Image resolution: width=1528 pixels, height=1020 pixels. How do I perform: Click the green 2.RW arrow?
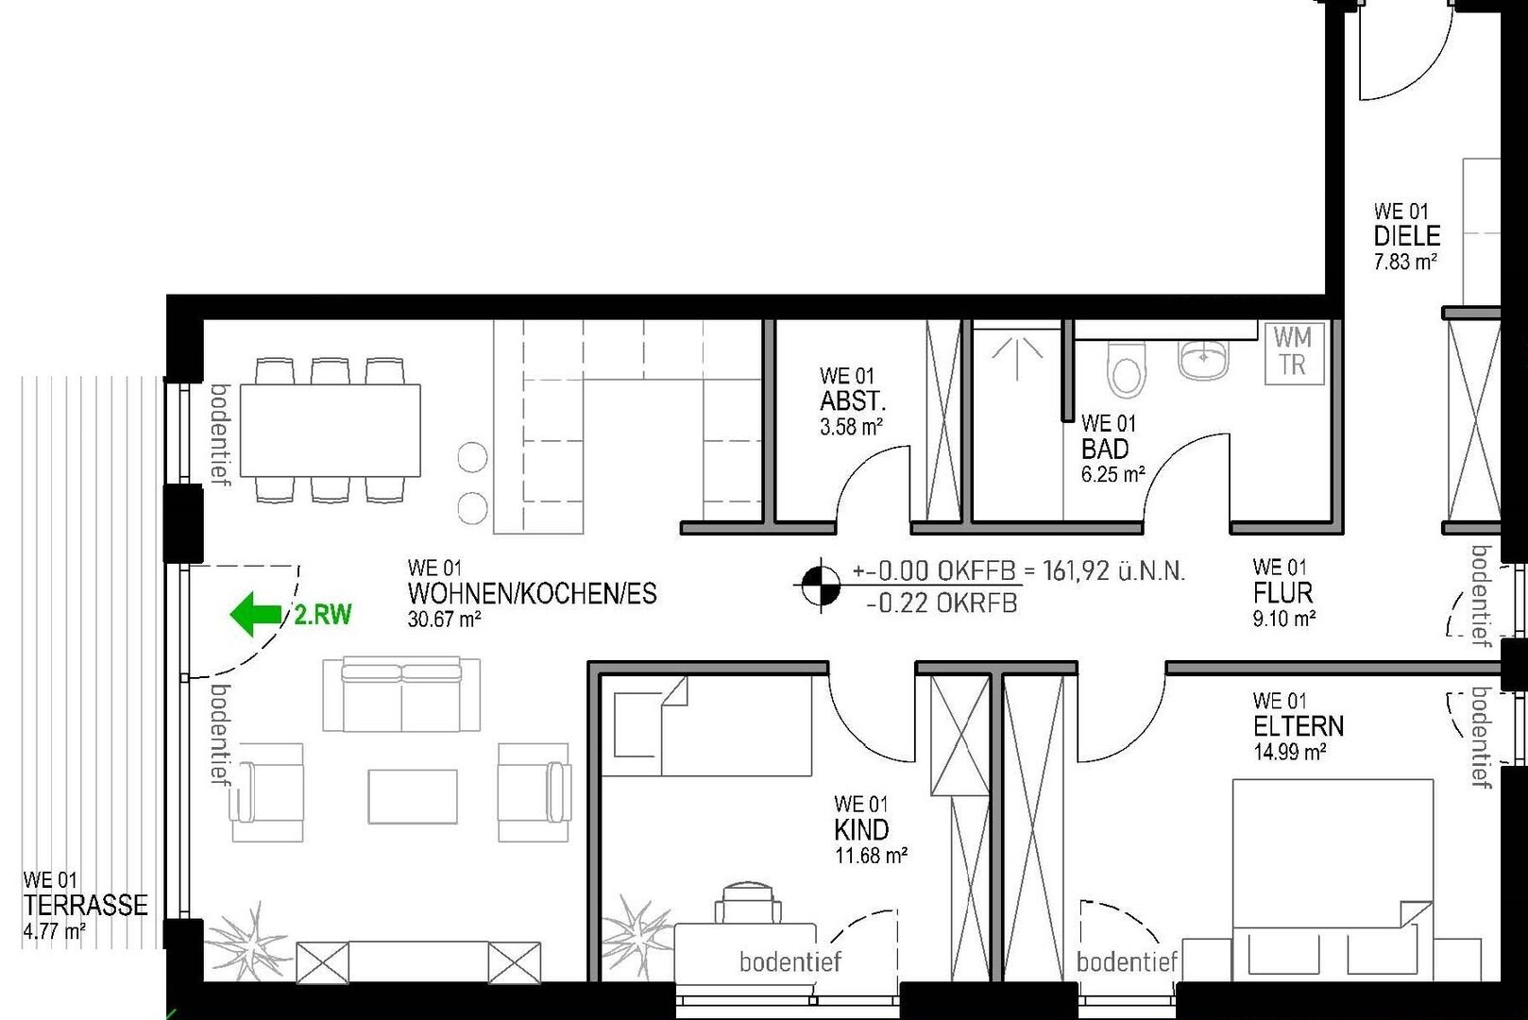pyautogui.click(x=256, y=614)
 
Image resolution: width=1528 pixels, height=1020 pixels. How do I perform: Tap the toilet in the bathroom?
pyautogui.click(x=1127, y=369)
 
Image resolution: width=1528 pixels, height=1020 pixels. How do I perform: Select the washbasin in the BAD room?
pyautogui.click(x=1202, y=360)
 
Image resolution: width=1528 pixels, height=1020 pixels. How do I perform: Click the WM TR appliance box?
pyautogui.click(x=1294, y=353)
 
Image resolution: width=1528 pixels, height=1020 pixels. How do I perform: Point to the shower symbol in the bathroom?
pyautogui.click(x=1016, y=358)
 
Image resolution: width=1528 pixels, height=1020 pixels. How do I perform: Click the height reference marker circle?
pyautogui.click(x=821, y=585)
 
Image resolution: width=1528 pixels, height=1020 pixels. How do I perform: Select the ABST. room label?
pyautogui.click(x=852, y=400)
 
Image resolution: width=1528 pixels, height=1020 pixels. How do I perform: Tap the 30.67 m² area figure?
pyautogui.click(x=444, y=620)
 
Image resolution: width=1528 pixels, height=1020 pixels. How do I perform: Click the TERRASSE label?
pyautogui.click(x=85, y=906)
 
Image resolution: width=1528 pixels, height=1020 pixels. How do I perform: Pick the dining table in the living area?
pyautogui.click(x=331, y=430)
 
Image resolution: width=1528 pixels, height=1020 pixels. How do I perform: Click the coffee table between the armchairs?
pyautogui.click(x=413, y=796)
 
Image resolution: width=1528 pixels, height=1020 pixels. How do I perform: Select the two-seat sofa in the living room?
pyautogui.click(x=401, y=694)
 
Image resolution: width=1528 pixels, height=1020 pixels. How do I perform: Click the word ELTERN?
pyautogui.click(x=1299, y=726)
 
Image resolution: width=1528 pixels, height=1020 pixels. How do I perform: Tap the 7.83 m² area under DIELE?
pyautogui.click(x=1405, y=262)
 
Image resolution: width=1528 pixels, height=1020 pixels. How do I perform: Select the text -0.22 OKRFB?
pyautogui.click(x=942, y=603)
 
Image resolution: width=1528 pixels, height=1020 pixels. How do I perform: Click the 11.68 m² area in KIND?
pyautogui.click(x=871, y=856)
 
